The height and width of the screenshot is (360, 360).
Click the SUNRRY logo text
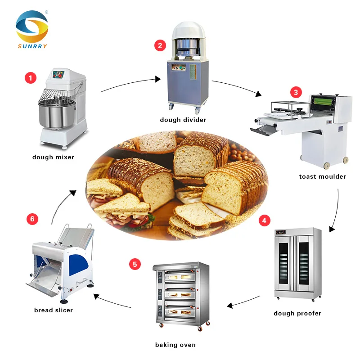[x=31, y=46]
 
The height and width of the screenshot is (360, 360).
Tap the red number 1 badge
[x=30, y=78]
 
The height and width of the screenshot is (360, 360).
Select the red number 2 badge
[x=160, y=45]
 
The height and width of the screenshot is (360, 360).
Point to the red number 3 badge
[x=295, y=93]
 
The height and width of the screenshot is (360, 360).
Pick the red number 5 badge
[x=135, y=264]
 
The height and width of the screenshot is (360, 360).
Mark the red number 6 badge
[x=31, y=219]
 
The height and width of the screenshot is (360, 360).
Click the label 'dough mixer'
[x=53, y=157]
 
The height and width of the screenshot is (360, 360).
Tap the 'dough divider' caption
[x=183, y=120]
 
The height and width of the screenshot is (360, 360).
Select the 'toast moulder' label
[x=322, y=176]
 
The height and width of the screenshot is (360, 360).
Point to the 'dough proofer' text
[x=297, y=313]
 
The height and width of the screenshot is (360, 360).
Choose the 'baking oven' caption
[x=175, y=345]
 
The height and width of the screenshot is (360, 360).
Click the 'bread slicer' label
[x=54, y=310]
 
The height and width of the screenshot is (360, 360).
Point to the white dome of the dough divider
[x=189, y=31]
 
